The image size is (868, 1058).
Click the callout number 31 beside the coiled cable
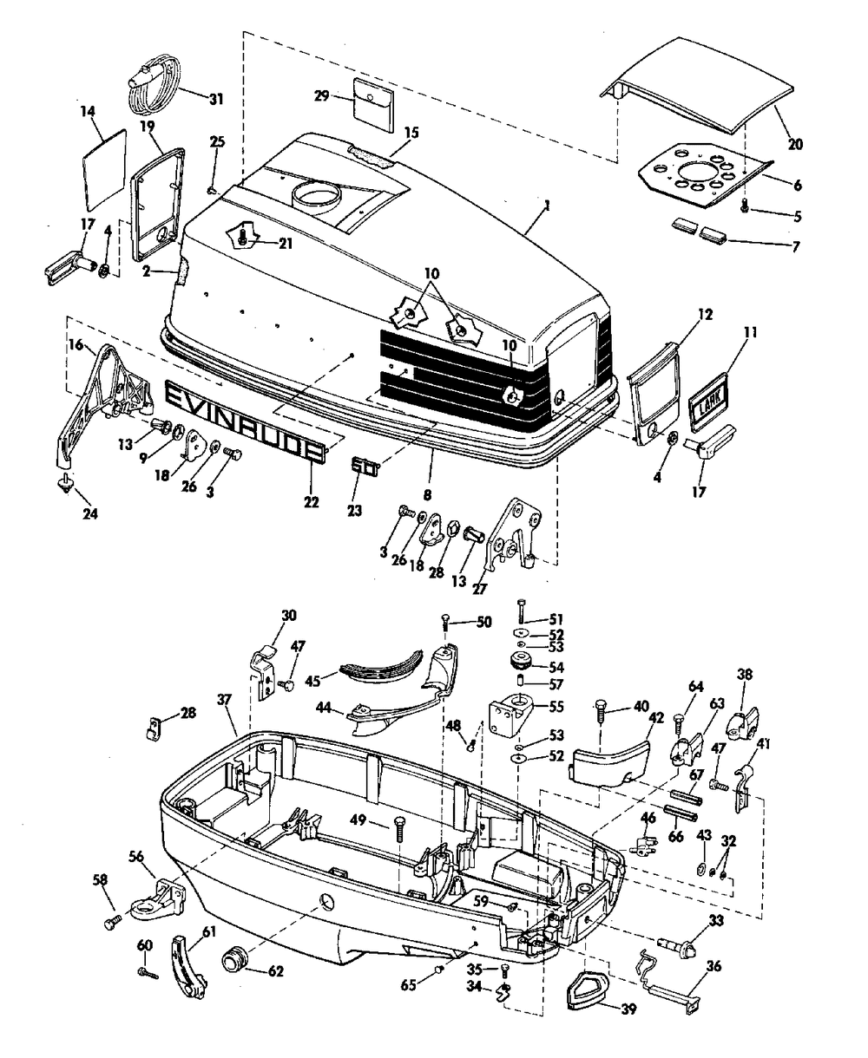tap(216, 99)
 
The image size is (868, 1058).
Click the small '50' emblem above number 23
tap(365, 465)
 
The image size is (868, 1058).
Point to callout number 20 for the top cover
tap(795, 145)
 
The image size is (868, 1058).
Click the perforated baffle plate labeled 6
tap(703, 180)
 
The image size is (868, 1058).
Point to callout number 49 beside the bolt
tap(358, 820)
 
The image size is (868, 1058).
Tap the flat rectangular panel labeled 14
tap(104, 170)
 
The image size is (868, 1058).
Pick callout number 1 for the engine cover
tap(547, 206)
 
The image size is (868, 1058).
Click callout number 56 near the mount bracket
tap(136, 856)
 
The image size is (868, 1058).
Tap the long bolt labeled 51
tap(521, 611)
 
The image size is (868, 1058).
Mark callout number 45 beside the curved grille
tap(312, 681)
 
